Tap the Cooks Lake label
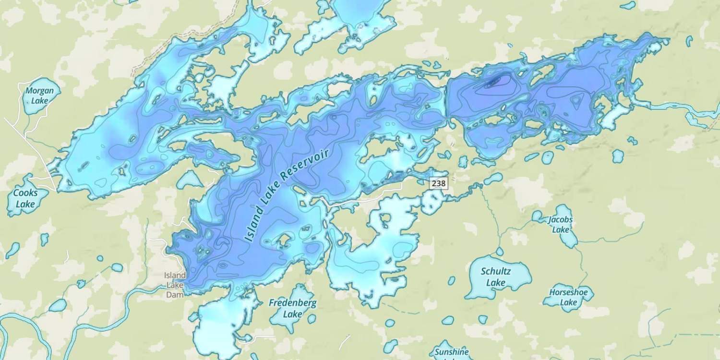pyautogui.click(x=25, y=198)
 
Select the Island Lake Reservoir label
pyautogui.click(x=287, y=195)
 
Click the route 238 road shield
pyautogui.click(x=438, y=183)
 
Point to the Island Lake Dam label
pyautogui.click(x=175, y=285)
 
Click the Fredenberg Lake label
pyautogui.click(x=292, y=308)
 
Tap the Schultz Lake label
pyautogui.click(x=496, y=277)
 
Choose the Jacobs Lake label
pyautogui.click(x=560, y=225)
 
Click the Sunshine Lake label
pyautogui.click(x=451, y=354)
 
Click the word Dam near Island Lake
pyautogui.click(x=175, y=295)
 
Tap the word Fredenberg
pyautogui.click(x=292, y=303)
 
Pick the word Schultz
pyautogui.click(x=496, y=271)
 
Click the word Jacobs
pyautogui.click(x=560, y=220)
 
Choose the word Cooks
pyautogui.click(x=25, y=193)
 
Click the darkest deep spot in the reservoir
pyautogui.click(x=493, y=82)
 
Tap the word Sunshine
pyautogui.click(x=451, y=352)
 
